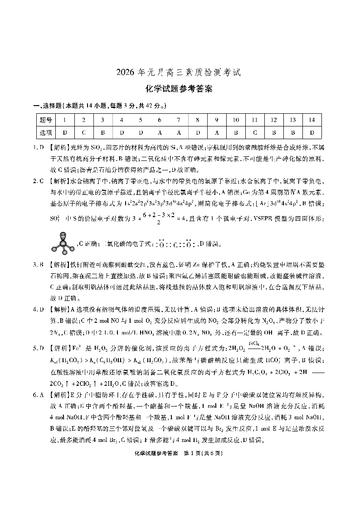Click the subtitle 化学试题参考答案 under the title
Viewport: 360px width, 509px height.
point(180,89)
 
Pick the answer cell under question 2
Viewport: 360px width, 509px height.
point(84,133)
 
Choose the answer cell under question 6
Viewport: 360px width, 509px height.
point(160,133)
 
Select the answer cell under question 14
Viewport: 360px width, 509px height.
point(312,133)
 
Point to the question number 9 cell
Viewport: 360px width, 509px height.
point(217,120)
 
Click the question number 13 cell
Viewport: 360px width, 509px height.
point(293,120)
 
